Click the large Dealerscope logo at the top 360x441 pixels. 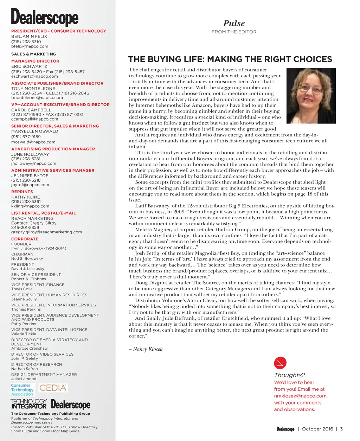[x=45, y=18]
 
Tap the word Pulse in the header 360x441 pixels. [x=234, y=24]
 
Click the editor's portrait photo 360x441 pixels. [x=311, y=96]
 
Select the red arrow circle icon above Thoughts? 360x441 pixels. [x=280, y=363]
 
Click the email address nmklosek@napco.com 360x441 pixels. [x=301, y=396]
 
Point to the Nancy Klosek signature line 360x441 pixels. [x=148, y=349]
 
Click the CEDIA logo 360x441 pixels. [x=53, y=388]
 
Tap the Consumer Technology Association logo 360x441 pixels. [x=22, y=390]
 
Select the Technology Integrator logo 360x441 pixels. [x=28, y=404]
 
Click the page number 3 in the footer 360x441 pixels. [x=341, y=429]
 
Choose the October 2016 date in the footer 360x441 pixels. [x=317, y=429]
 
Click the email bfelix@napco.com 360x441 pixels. [x=30, y=46]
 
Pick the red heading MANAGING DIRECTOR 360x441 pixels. [x=35, y=61]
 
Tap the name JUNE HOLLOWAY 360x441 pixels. [x=30, y=154]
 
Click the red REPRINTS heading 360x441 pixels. [x=22, y=192]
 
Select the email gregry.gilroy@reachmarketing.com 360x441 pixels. [x=46, y=232]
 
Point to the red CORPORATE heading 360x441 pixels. [x=25, y=239]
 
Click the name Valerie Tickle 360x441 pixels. [x=24, y=334]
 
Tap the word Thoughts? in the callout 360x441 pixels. [x=289, y=375]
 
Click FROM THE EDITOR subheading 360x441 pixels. [x=234, y=32]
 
